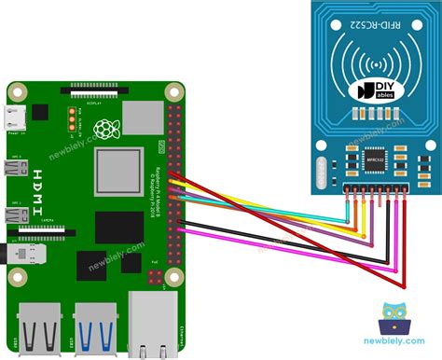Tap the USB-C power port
click(x=14, y=117)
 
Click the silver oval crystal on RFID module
click(x=331, y=171)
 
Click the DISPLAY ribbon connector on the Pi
click(x=92, y=92)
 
